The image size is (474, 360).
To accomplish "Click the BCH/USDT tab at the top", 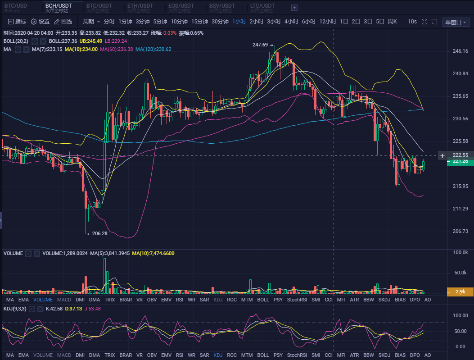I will (x=59, y=6).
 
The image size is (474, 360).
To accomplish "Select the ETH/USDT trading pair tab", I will (x=140, y=6).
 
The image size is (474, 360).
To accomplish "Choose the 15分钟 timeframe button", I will (x=199, y=22).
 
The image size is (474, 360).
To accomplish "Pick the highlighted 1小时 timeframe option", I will (x=239, y=22).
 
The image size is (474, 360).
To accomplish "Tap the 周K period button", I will (x=392, y=22).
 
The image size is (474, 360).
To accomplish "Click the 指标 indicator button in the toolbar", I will (x=18, y=22).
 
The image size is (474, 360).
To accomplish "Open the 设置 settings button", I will (x=40, y=22).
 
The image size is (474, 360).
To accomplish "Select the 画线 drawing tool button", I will (x=63, y=22).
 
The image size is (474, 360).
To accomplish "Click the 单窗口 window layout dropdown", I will (x=456, y=22).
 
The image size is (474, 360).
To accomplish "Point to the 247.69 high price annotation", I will (x=260, y=45).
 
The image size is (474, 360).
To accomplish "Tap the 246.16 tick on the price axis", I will (x=460, y=51).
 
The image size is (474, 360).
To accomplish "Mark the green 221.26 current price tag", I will (x=460, y=161).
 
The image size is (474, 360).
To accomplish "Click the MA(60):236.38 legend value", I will (x=116, y=49).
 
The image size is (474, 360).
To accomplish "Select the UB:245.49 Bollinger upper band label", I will (x=90, y=41).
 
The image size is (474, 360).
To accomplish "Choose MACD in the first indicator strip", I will (x=64, y=300).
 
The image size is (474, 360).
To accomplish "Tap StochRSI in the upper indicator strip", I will (x=296, y=300).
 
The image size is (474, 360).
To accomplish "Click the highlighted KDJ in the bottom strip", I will (x=218, y=355).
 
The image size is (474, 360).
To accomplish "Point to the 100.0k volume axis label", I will (x=460, y=252).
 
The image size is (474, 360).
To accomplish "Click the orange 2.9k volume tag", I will (x=460, y=292).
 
